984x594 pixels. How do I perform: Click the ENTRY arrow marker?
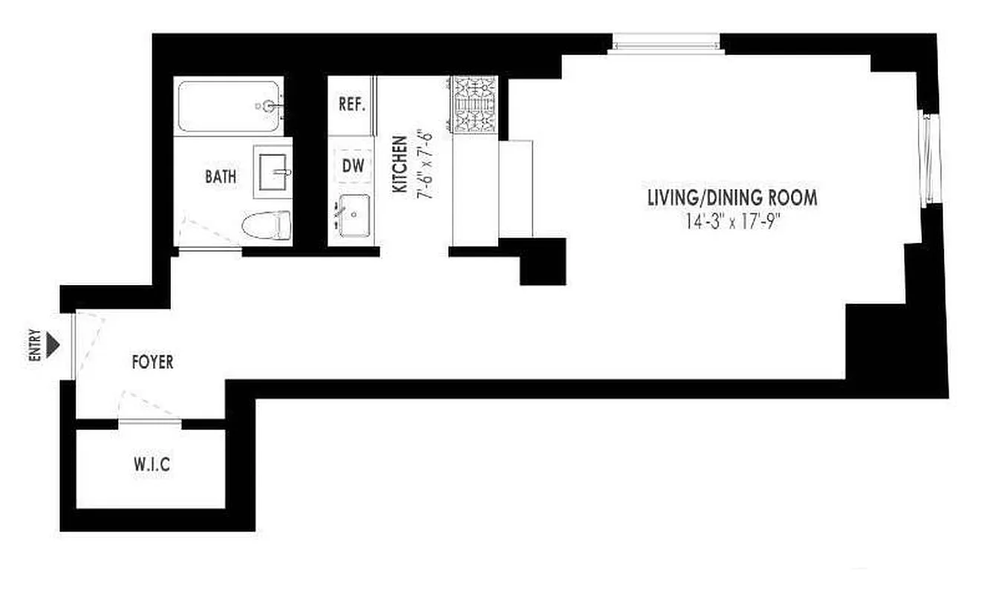(53, 345)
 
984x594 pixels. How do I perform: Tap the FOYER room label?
(152, 362)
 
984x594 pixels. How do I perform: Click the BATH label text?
(221, 177)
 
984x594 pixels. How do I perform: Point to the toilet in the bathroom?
(265, 225)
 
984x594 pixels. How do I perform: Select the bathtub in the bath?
(229, 106)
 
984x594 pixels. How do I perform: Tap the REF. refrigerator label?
(352, 105)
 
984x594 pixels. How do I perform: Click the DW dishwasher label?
(353, 166)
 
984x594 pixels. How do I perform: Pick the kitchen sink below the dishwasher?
(354, 215)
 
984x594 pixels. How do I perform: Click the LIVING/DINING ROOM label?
(732, 198)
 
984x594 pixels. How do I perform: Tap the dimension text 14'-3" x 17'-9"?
(732, 222)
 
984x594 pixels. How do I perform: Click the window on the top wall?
(666, 45)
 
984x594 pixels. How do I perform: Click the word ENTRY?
(33, 345)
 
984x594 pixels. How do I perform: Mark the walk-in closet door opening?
(150, 422)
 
